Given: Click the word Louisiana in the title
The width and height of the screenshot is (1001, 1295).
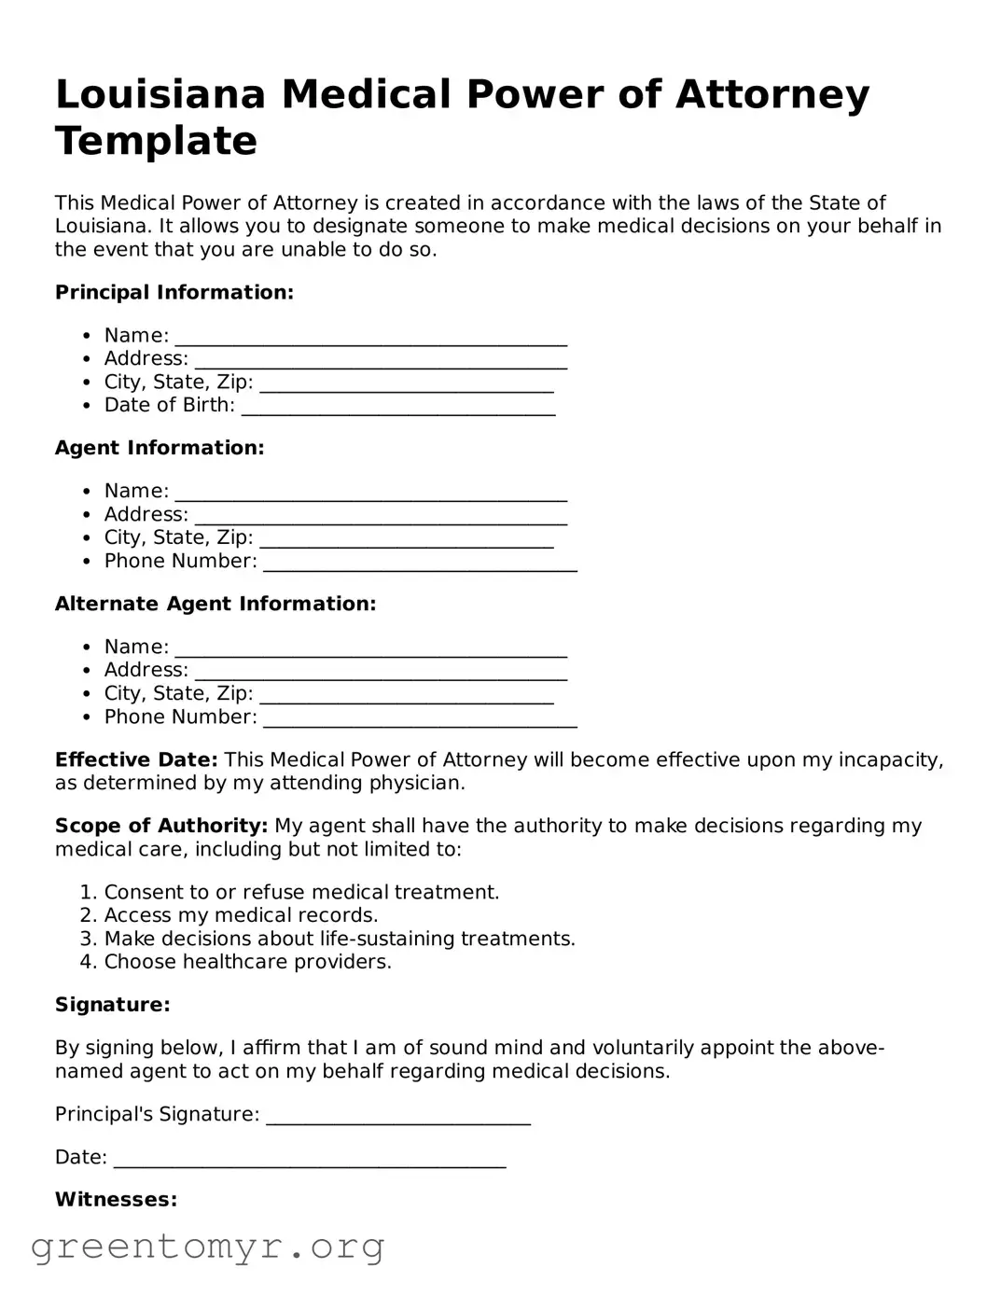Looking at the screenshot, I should [160, 94].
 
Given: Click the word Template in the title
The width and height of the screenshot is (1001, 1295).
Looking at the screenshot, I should [156, 141].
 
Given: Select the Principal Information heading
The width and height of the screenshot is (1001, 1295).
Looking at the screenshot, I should [174, 292].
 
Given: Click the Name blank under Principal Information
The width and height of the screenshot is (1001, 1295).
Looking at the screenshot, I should [370, 338].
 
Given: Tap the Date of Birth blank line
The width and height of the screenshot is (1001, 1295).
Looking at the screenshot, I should [398, 408].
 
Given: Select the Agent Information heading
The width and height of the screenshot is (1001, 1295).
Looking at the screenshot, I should [160, 448].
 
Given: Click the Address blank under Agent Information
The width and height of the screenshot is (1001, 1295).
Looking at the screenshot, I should [381, 517].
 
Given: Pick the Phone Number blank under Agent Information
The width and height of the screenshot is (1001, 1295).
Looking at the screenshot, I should [420, 564].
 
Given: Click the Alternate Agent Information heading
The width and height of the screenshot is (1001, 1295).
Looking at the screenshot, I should [215, 604].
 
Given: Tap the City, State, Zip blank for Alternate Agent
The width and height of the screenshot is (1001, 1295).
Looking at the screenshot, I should [406, 696].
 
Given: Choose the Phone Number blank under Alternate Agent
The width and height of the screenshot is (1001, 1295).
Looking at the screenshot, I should [420, 719].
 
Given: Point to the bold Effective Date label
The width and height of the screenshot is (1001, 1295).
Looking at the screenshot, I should [136, 759].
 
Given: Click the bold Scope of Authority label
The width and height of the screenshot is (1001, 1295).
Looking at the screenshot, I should [161, 826].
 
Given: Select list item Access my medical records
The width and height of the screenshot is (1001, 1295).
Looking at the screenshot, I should [241, 915].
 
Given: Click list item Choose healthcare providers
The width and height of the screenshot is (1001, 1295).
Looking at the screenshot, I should [247, 962].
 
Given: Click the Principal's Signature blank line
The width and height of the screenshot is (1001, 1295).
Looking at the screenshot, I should [398, 1117].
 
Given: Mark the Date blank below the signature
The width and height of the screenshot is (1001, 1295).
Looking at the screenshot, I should [309, 1160].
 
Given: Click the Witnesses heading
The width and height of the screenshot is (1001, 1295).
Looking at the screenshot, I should [116, 1199].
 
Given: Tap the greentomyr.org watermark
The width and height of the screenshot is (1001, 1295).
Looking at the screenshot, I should [207, 1246].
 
